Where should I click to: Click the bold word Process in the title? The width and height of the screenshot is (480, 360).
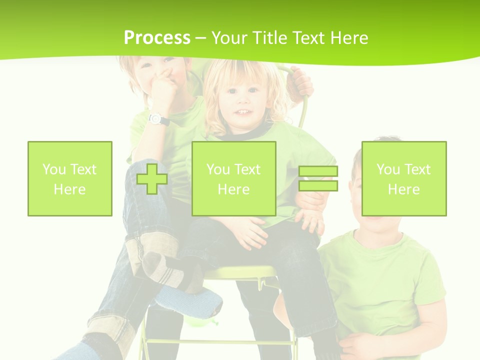(x=157, y=38)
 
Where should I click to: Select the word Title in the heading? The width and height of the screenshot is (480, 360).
(x=270, y=38)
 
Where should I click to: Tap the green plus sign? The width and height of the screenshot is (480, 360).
(x=152, y=179)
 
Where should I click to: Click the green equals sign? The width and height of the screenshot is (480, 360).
(x=318, y=179)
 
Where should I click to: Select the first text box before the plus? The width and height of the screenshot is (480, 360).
(x=70, y=179)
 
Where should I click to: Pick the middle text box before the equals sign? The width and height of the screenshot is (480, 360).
(x=234, y=179)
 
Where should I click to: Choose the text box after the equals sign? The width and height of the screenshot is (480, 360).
(x=404, y=179)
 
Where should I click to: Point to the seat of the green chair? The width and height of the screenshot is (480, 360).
(x=240, y=273)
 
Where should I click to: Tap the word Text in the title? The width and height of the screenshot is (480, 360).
(x=308, y=38)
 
